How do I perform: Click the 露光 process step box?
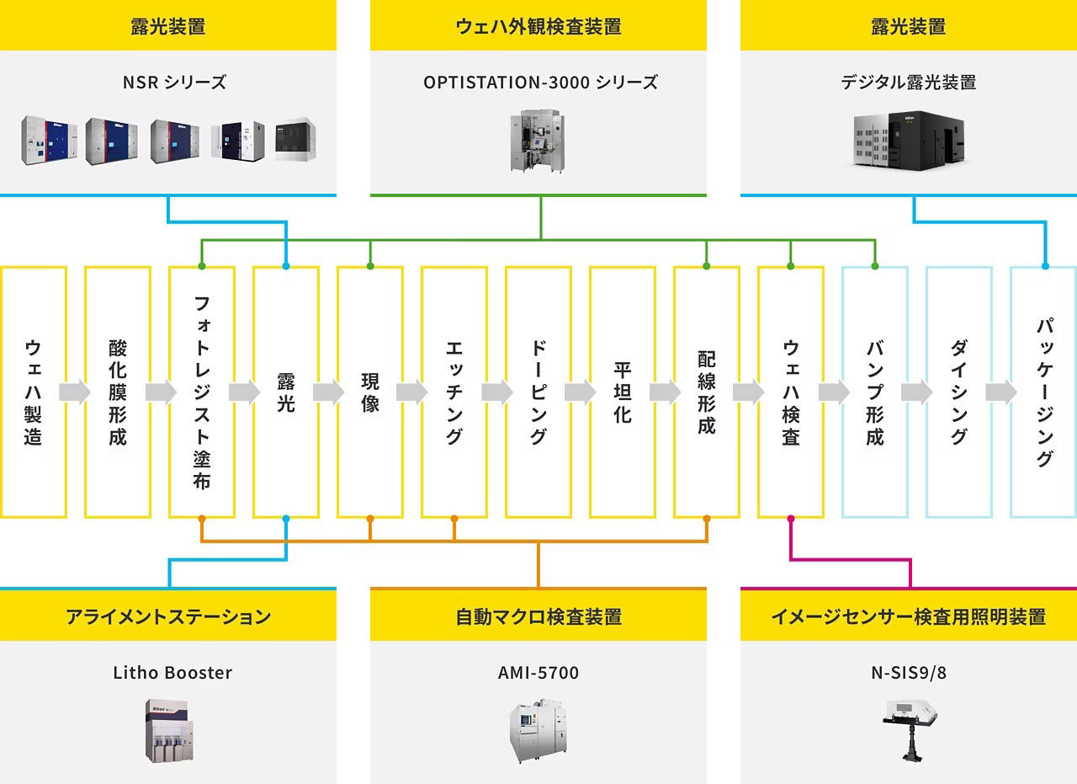click(286, 392)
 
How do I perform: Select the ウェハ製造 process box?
click(34, 392)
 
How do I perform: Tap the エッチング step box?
click(454, 392)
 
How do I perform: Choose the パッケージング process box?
click(1043, 392)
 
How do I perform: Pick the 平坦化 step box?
click(623, 392)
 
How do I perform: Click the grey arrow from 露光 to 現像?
click(328, 392)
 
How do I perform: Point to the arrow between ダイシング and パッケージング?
click(1001, 392)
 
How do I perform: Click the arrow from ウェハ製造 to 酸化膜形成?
click(75, 392)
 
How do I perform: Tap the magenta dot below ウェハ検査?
click(791, 518)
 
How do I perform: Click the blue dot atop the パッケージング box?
click(1045, 266)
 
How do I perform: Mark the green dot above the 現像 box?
click(370, 266)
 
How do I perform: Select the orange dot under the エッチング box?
click(454, 518)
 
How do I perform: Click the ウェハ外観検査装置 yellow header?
click(538, 26)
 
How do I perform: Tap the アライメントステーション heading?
click(168, 616)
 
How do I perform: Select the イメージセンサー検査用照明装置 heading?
click(909, 616)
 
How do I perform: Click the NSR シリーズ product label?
click(168, 83)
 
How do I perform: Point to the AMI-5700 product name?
click(538, 673)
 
